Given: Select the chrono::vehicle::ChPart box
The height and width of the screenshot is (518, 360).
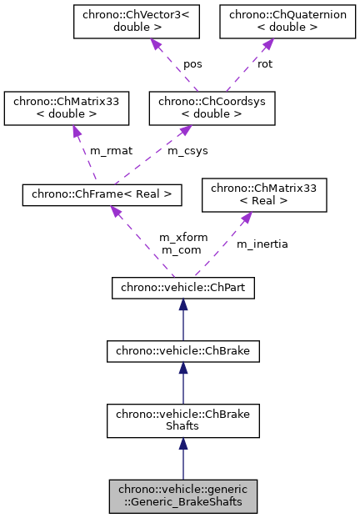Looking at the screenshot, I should pyautogui.click(x=182, y=289).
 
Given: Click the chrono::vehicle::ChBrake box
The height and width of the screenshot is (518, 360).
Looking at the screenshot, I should pyautogui.click(x=182, y=352).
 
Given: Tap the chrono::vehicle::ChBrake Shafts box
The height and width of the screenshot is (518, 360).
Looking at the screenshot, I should pyautogui.click(x=182, y=420).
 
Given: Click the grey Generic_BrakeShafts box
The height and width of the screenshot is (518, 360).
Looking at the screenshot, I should pyautogui.click(x=182, y=496).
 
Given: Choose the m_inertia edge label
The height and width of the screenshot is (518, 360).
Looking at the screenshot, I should pyautogui.click(x=262, y=244).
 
